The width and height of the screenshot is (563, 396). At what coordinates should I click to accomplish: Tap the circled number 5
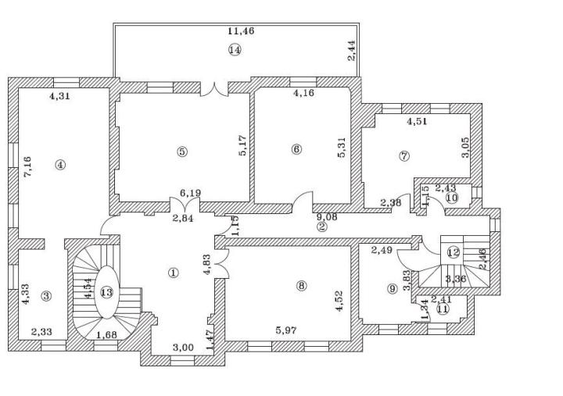point(182,152)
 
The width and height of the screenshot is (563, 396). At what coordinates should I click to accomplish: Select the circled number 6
point(296,149)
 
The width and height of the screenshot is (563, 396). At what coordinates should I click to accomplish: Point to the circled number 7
point(404,155)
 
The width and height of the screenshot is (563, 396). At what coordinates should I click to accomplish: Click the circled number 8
point(302,286)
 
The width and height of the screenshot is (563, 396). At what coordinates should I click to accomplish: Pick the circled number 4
point(60,165)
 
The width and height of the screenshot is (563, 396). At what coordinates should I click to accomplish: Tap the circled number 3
point(46,296)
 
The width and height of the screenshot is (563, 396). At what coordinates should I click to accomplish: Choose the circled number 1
point(173,273)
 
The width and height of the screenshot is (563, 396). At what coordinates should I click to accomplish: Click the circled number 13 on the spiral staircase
point(106,293)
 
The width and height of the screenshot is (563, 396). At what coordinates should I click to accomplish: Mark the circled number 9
point(392,288)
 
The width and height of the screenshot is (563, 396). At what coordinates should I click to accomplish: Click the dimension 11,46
point(241,31)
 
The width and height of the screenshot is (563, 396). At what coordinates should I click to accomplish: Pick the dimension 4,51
point(418,121)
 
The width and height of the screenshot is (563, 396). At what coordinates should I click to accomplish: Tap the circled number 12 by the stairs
point(454,252)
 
